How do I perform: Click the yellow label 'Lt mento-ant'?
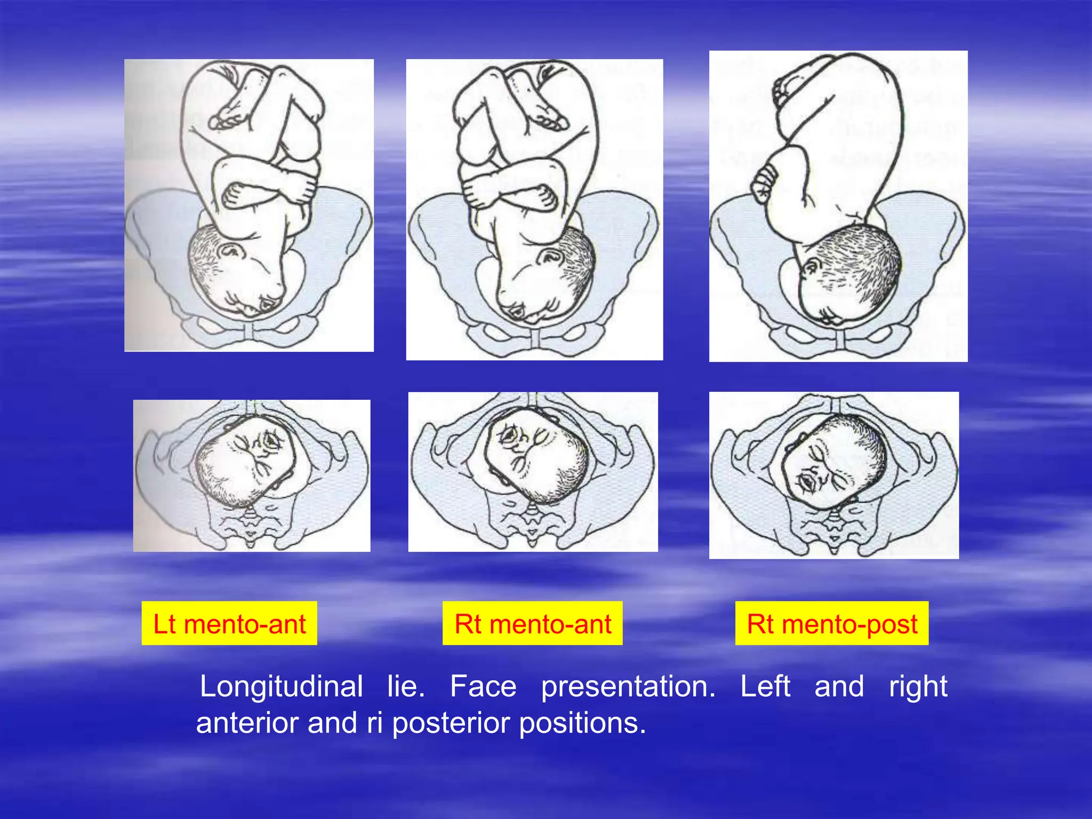point(229,623)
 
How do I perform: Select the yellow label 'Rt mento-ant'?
point(533,623)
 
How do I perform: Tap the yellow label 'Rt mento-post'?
point(832,623)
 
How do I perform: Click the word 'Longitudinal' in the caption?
point(282,686)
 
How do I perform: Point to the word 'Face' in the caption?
point(483,686)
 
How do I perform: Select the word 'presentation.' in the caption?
point(628,686)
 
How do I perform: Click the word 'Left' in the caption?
point(765,686)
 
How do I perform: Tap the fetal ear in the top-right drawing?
point(812,267)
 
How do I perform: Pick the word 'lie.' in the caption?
point(406,686)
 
